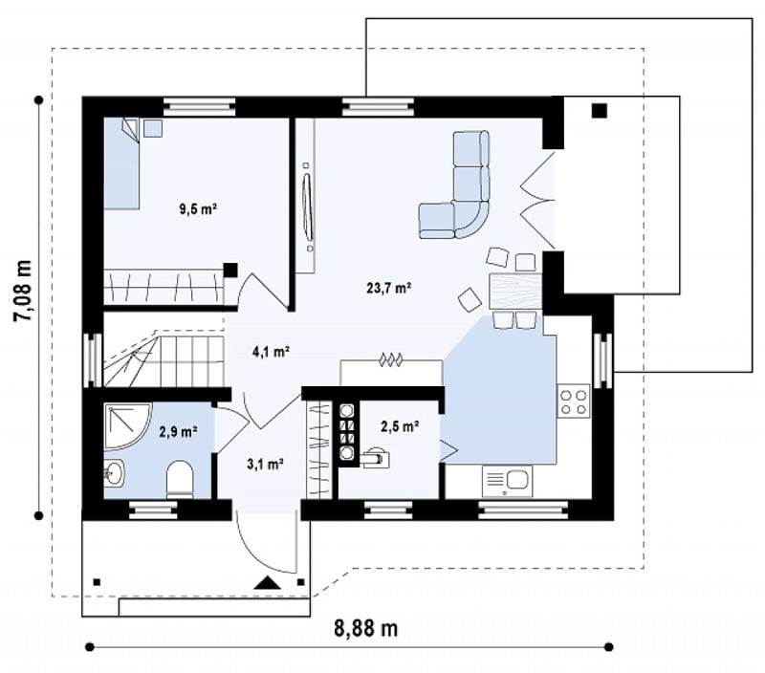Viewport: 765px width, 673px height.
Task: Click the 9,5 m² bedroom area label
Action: (x=198, y=209)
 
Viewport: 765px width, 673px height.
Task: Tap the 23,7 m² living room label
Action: (x=389, y=288)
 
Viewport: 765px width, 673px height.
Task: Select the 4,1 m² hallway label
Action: (x=272, y=352)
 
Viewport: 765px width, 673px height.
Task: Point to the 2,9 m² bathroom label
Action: (x=178, y=431)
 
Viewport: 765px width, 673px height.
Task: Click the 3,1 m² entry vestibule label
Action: (x=266, y=464)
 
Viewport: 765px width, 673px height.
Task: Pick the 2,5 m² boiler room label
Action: (x=400, y=426)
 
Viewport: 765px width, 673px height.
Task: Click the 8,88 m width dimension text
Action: (x=366, y=628)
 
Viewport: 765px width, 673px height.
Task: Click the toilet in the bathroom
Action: (x=180, y=480)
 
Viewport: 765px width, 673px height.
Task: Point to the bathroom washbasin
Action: (x=114, y=473)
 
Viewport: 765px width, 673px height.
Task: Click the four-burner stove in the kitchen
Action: (x=573, y=401)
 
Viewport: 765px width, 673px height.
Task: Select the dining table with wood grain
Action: (x=515, y=292)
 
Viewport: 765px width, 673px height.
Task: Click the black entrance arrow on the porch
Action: (x=268, y=583)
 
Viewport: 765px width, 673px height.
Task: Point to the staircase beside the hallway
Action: (x=164, y=358)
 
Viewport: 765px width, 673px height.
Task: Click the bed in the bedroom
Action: (x=121, y=163)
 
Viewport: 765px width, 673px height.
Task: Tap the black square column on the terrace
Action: (x=600, y=111)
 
